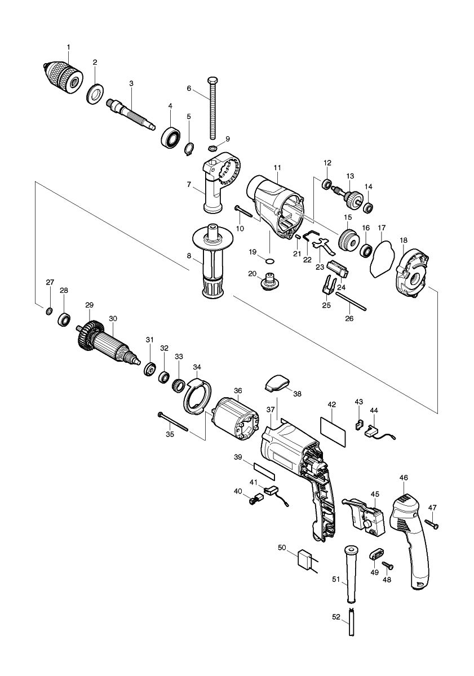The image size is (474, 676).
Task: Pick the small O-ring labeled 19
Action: (x=269, y=261)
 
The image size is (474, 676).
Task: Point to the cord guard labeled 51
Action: (x=351, y=575)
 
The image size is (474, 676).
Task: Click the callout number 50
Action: (x=282, y=548)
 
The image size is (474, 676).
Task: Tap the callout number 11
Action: (x=277, y=168)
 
